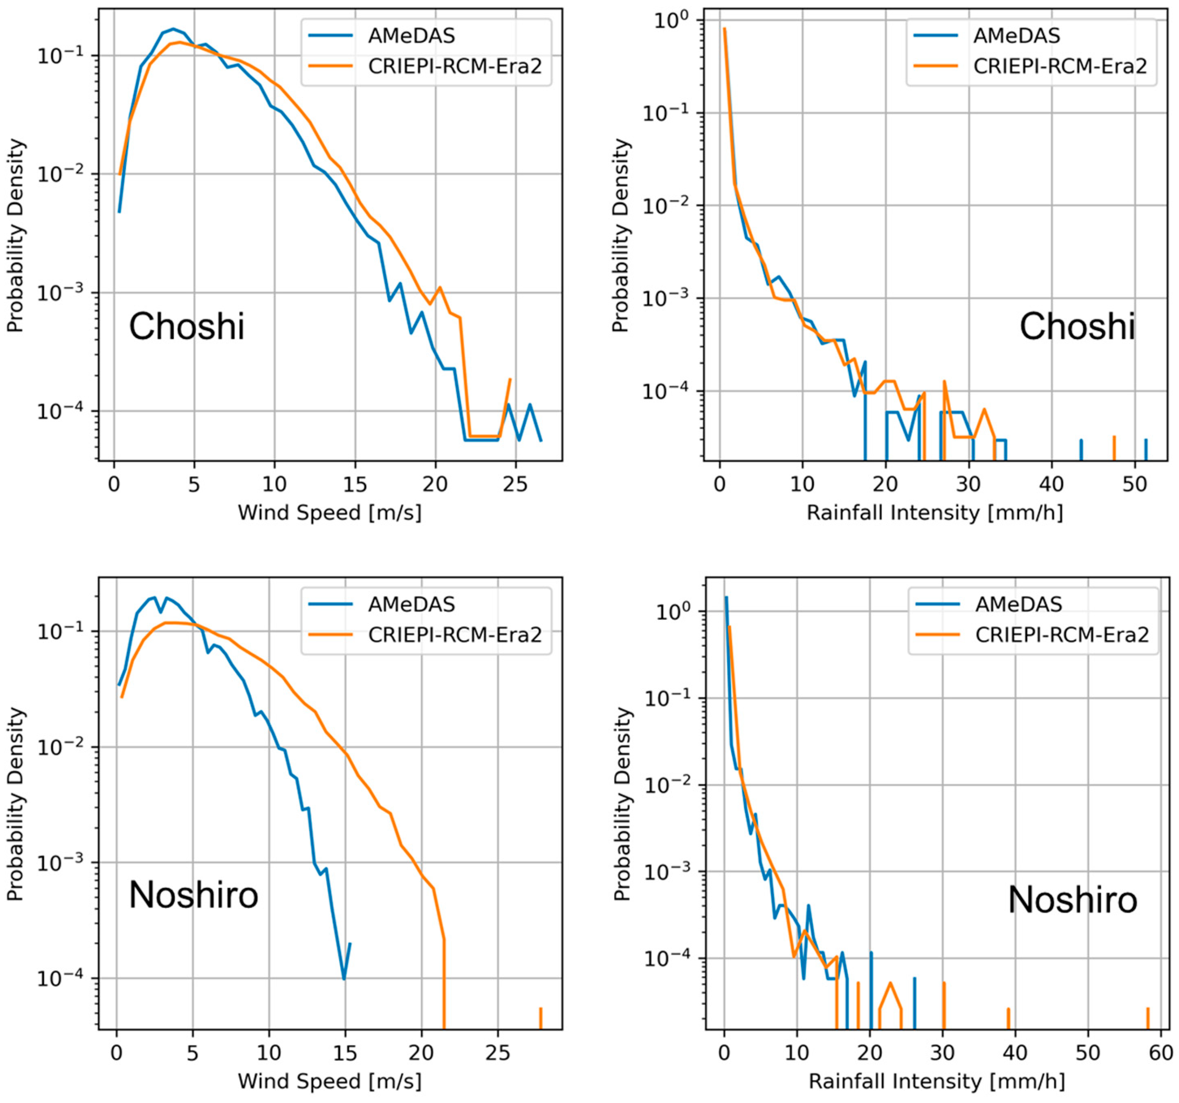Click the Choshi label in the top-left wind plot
click(x=186, y=327)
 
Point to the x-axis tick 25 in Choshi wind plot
click(x=515, y=484)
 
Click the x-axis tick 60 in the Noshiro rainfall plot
click(x=1160, y=1053)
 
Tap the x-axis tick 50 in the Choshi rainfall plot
click(x=1135, y=484)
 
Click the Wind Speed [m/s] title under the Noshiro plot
click(x=330, y=1081)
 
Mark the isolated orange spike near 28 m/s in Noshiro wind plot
click(x=540, y=1018)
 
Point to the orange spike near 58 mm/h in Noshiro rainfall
click(x=1148, y=1018)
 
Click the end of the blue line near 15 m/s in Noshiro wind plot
click(x=350, y=944)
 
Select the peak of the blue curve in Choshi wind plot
click(x=172, y=28)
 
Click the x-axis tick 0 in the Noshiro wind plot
click(x=117, y=1053)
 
